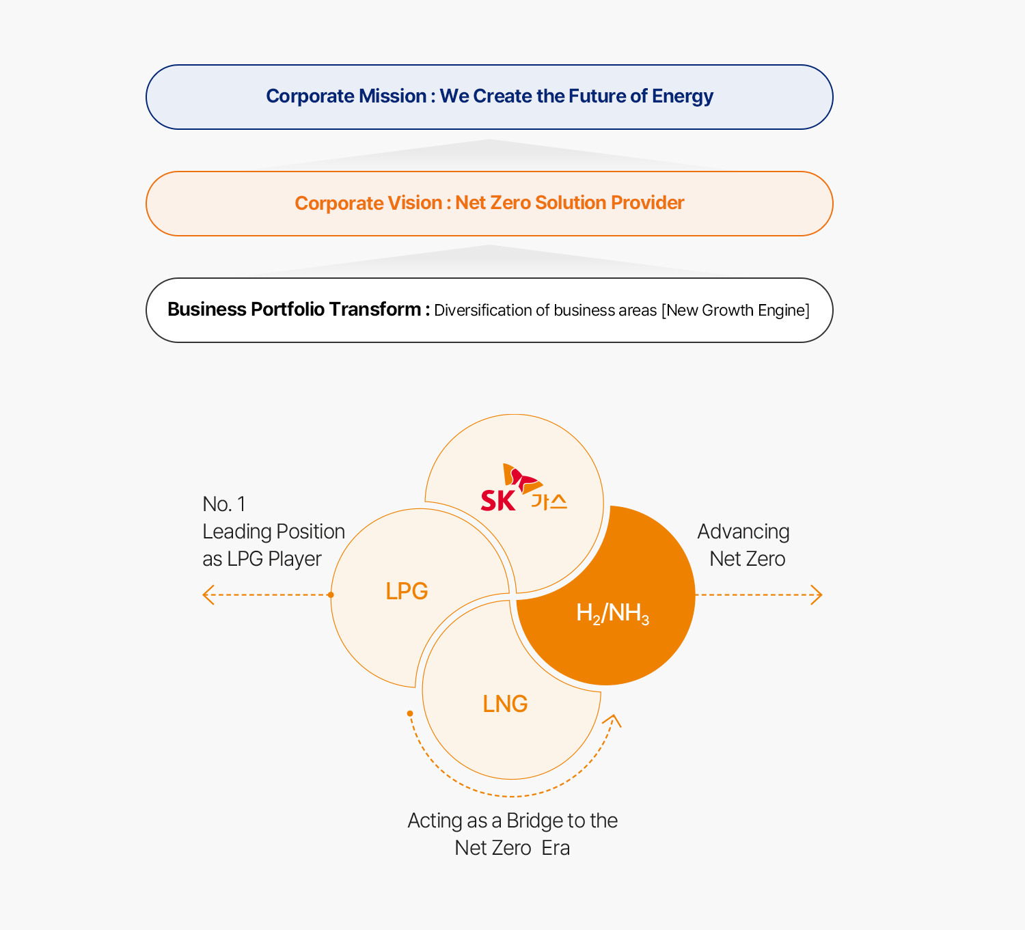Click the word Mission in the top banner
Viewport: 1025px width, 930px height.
(392, 96)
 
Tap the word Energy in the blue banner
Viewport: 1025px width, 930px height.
(683, 97)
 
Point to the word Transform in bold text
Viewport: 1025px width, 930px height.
(374, 309)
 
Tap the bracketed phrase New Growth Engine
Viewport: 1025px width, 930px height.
(735, 310)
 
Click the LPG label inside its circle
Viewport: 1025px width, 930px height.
(407, 591)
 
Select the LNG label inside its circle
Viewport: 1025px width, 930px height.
(506, 704)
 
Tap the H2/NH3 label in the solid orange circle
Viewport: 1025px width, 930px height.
(613, 613)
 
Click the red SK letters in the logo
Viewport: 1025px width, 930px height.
(497, 500)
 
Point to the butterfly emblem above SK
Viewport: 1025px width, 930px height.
(522, 478)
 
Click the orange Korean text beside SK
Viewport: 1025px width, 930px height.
(549, 502)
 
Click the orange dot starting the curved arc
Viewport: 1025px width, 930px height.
(410, 713)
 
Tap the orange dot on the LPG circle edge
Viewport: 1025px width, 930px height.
(331, 594)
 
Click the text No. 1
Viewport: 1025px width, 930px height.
(224, 504)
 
